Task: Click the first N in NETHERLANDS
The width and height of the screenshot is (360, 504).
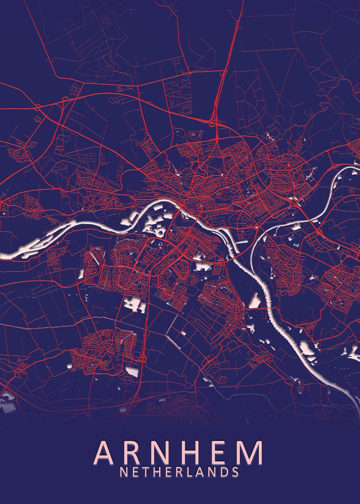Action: [x=124, y=472]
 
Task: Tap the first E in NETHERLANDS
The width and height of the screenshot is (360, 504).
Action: [x=134, y=472]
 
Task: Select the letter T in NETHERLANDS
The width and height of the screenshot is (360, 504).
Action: [x=145, y=472]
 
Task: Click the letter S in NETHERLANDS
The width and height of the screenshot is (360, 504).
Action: [x=235, y=472]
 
